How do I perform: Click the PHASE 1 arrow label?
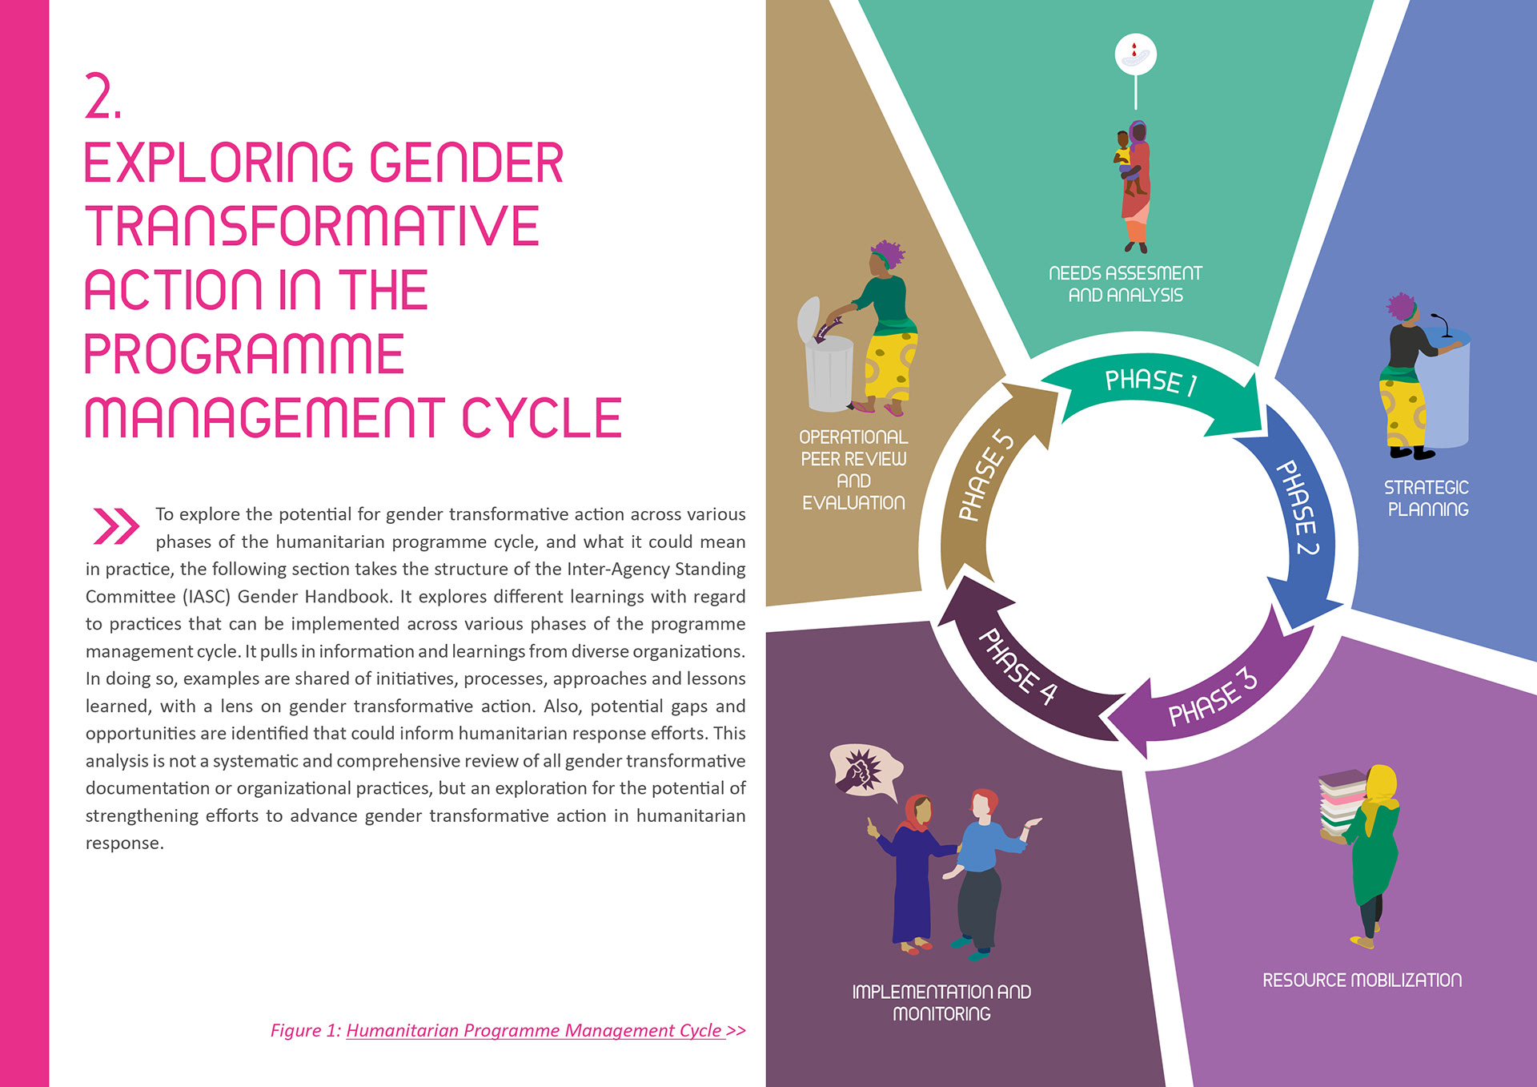click(x=1150, y=381)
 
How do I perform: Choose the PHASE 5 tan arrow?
click(x=985, y=476)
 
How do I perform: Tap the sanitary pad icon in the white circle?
click(x=1135, y=54)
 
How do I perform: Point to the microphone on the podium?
click(x=1443, y=324)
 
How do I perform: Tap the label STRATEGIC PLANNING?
click(x=1427, y=498)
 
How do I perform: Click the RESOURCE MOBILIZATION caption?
click(x=1362, y=980)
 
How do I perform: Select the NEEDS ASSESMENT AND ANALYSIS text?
click(x=1125, y=284)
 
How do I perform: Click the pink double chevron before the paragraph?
click(x=116, y=525)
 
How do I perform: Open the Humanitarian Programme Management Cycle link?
click(x=535, y=1030)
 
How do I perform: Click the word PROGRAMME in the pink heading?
click(x=244, y=354)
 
